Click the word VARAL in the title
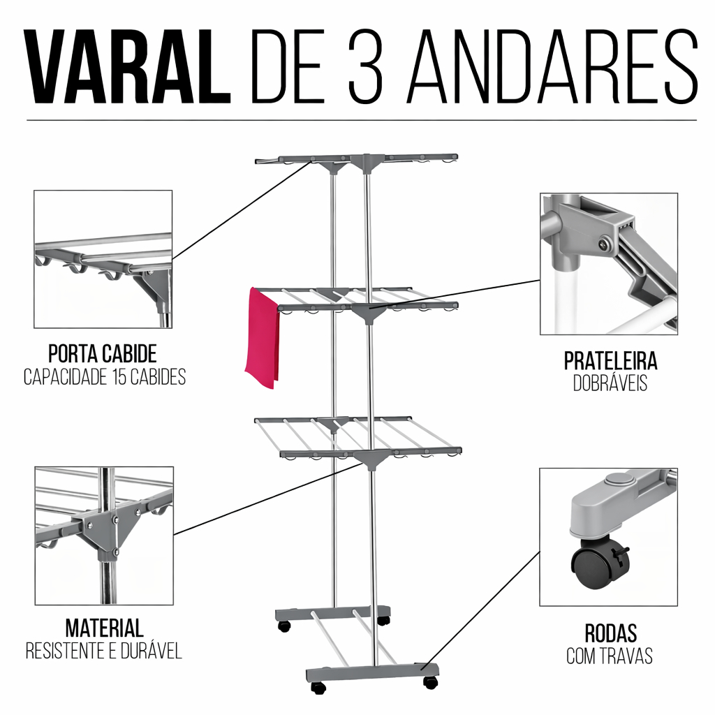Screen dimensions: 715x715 pos(128,67)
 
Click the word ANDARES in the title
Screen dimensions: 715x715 pos(552,67)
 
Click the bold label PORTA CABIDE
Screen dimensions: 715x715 pos(102,353)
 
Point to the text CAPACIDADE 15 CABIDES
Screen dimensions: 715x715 pos(105,378)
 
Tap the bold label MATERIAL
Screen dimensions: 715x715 pos(105,627)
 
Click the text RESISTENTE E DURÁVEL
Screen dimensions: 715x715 pos(104,651)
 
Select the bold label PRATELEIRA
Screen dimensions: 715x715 pos(610,361)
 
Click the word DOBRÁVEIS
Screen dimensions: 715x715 pos(610,383)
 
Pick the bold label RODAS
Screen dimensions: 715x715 pos(610,633)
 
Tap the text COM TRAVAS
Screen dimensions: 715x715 pos(610,656)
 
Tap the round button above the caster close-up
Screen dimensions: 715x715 pos(617,479)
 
